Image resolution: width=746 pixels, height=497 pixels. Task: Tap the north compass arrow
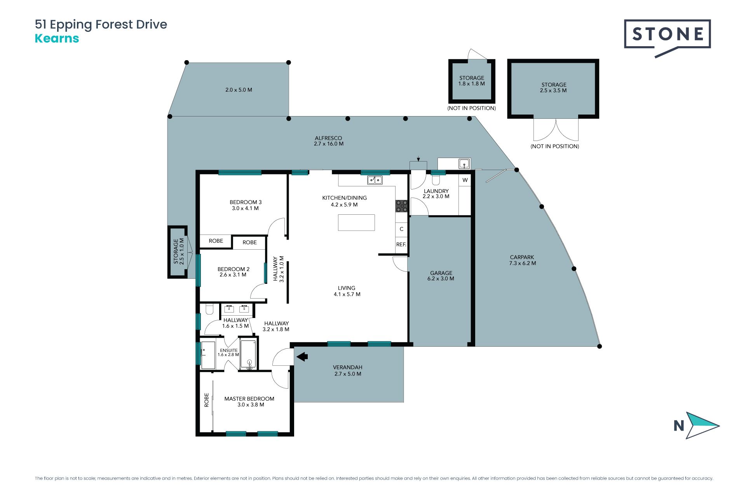702,426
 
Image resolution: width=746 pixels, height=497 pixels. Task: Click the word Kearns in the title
57,38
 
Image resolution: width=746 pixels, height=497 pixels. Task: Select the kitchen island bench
356,222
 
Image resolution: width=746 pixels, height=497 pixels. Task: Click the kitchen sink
375,180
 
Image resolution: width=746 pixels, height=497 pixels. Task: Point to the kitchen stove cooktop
401,206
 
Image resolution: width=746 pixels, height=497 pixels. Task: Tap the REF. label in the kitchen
401,245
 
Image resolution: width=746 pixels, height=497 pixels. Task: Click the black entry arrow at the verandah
302,356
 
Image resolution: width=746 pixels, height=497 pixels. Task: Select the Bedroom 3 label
246,202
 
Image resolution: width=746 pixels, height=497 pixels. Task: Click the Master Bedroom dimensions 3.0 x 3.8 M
251,405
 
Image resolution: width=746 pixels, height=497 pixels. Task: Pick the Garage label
441,273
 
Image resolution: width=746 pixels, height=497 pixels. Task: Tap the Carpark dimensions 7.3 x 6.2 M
523,263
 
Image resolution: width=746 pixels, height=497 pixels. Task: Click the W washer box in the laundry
465,180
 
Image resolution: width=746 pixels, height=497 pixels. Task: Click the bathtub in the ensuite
248,354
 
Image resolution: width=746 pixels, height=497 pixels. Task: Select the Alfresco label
328,138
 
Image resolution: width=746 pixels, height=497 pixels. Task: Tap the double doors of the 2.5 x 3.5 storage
556,129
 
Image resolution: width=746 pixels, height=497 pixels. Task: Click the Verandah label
348,367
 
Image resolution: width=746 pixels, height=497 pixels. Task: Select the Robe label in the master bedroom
207,400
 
